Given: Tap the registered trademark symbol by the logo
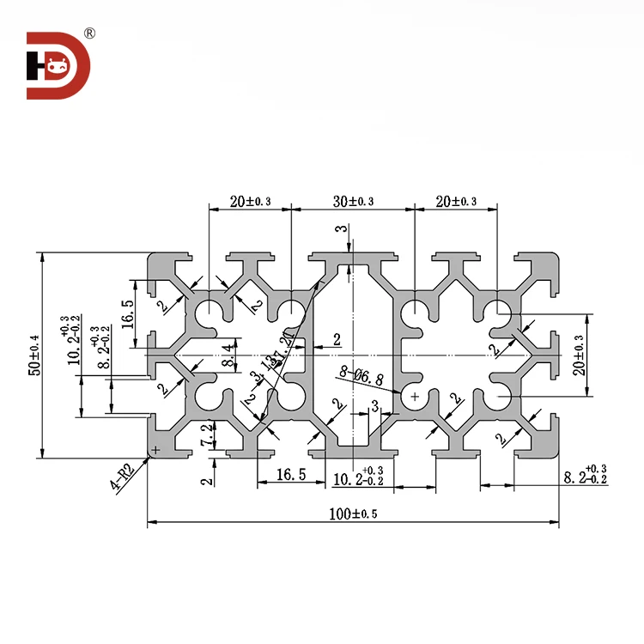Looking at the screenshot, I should [x=90, y=33].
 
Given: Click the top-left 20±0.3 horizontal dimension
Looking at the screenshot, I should [x=250, y=202].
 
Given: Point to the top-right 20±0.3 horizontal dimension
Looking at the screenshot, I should [x=456, y=202].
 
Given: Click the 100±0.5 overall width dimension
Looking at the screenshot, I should [x=353, y=514].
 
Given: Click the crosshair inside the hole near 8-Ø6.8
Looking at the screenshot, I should [x=415, y=397].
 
